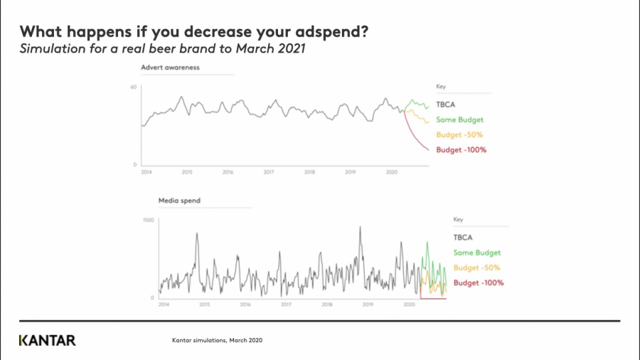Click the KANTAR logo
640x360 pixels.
pyautogui.click(x=47, y=340)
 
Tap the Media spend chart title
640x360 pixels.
pyautogui.click(x=179, y=201)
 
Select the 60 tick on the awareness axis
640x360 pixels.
pyautogui.click(x=133, y=87)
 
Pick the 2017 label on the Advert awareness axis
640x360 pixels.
pyautogui.click(x=269, y=172)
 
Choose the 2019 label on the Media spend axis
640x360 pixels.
pyautogui.click(x=368, y=305)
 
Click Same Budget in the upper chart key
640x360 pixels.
pyautogui.click(x=459, y=120)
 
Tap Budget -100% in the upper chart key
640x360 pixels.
pyautogui.click(x=461, y=149)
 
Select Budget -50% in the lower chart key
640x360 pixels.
pyautogui.click(x=476, y=268)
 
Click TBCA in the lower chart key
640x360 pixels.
pyautogui.click(x=463, y=238)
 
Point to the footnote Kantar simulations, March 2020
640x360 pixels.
pyautogui.click(x=218, y=341)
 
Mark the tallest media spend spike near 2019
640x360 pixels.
pyautogui.click(x=360, y=228)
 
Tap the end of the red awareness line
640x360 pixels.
pyautogui.click(x=429, y=150)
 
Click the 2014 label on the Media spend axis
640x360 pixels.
pyautogui.click(x=164, y=305)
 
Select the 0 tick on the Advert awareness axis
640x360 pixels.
pyautogui.click(x=135, y=164)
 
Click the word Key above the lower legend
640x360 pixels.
pyautogui.click(x=459, y=221)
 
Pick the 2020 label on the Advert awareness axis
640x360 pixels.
pyautogui.click(x=391, y=172)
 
